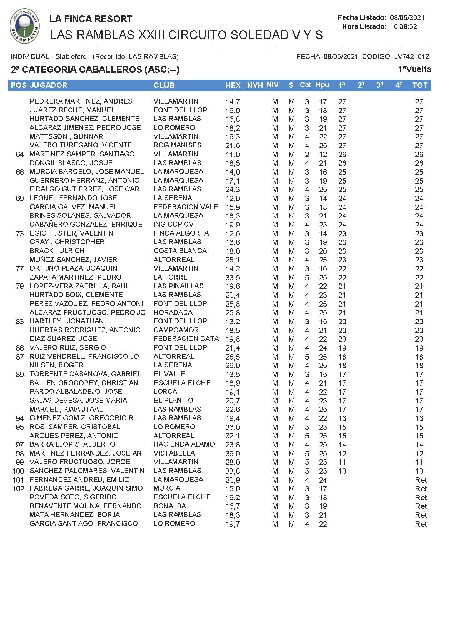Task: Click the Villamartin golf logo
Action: point(25,26)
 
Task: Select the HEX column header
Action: point(233,85)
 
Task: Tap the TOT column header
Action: point(420,85)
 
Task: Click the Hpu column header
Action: point(322,85)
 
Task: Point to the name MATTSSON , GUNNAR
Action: point(66,136)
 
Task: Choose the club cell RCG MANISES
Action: point(177,145)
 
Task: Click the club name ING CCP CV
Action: point(174,224)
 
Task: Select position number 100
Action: point(18,471)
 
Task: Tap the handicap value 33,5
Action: point(232,277)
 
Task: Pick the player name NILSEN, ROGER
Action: point(56,365)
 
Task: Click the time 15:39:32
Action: point(404,26)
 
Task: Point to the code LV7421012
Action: point(411,56)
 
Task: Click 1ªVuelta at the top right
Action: point(415,69)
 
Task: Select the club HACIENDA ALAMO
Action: point(184,444)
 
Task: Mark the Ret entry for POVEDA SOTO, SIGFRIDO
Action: point(421,497)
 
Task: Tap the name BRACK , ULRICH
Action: point(57,251)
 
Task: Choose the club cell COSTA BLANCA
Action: point(180,251)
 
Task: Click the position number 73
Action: point(20,233)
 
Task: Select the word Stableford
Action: point(71,56)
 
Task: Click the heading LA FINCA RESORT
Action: point(91,19)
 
